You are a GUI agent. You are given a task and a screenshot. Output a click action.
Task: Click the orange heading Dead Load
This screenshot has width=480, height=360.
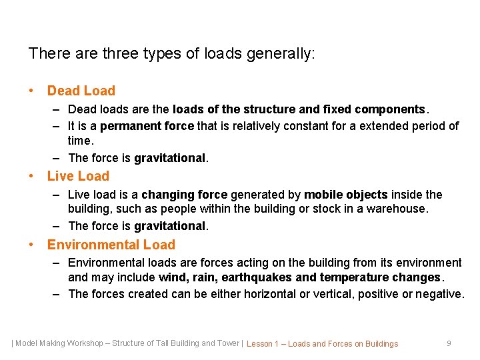[x=81, y=91]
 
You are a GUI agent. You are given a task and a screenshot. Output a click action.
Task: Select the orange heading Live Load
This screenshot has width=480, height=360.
[x=77, y=176]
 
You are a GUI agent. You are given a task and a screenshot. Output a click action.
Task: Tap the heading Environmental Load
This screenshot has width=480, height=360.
[x=111, y=245]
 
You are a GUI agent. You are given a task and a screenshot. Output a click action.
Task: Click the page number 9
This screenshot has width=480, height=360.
[x=449, y=343]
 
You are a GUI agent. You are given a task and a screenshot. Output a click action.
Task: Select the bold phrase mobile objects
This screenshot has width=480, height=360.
[x=345, y=195]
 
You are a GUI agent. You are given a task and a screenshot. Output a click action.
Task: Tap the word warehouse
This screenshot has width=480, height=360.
[x=398, y=209]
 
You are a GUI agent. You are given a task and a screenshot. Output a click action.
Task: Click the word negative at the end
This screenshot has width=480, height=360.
[x=439, y=294]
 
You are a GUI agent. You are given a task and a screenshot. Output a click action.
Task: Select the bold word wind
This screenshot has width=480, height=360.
[x=172, y=277]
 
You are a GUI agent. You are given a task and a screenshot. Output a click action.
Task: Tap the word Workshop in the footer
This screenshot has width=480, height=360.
[x=85, y=343]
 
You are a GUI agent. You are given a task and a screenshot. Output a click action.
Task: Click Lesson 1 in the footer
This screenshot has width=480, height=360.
[x=262, y=344]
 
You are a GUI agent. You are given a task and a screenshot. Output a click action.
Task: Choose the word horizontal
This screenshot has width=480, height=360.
[x=253, y=294]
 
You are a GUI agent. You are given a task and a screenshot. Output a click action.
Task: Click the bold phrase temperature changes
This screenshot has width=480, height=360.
[x=380, y=277]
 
